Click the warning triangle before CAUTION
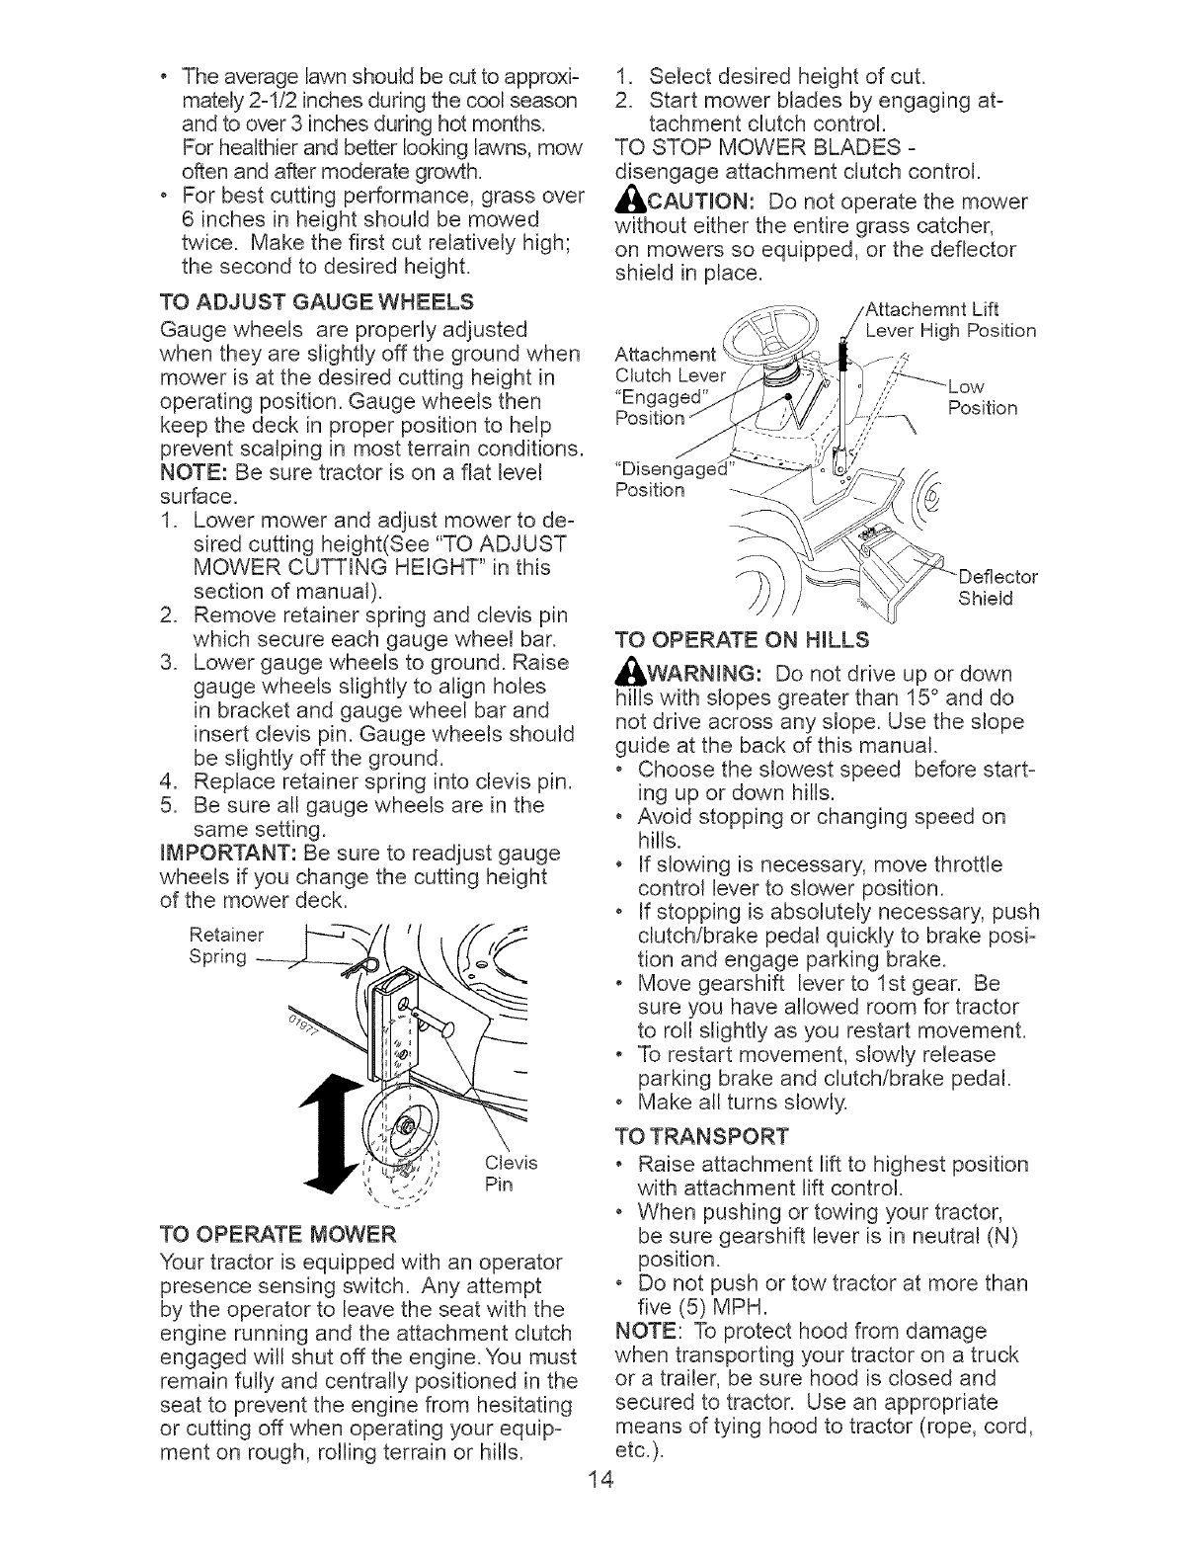(x=626, y=204)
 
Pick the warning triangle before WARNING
(x=625, y=674)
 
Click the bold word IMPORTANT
(x=221, y=853)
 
